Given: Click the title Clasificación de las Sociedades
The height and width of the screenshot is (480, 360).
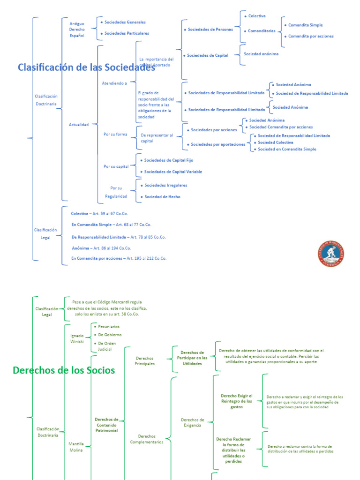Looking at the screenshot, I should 86,67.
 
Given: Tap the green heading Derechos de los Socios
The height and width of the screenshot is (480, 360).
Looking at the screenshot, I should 64,370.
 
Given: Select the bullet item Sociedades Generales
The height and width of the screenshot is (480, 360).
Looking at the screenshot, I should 125,22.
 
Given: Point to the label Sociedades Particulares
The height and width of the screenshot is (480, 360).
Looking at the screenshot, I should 127,33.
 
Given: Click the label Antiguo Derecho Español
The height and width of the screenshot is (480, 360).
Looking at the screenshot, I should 77,29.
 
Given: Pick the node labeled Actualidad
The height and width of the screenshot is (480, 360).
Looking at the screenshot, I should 79,125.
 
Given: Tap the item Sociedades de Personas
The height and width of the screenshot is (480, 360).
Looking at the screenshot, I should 210,30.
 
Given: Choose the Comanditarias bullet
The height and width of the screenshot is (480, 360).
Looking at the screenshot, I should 262,31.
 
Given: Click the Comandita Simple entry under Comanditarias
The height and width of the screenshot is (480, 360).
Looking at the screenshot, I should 305,25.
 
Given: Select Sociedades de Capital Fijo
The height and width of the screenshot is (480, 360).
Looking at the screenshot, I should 168,160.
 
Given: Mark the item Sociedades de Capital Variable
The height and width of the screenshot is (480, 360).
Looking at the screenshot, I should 173,172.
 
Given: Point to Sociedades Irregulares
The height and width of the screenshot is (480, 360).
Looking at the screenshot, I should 165,185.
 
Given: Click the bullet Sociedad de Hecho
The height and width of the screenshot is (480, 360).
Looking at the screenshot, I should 162,197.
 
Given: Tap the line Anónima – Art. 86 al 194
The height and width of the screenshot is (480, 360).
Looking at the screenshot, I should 102,248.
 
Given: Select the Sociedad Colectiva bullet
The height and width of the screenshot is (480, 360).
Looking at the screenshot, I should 275,142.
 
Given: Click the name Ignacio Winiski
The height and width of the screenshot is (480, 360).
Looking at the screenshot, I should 77,338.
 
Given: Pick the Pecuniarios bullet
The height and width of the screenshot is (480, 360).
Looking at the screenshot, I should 109,326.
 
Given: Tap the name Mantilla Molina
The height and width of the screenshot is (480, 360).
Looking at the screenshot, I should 75,447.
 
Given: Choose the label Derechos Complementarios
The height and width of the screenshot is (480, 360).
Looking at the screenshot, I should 147,439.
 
